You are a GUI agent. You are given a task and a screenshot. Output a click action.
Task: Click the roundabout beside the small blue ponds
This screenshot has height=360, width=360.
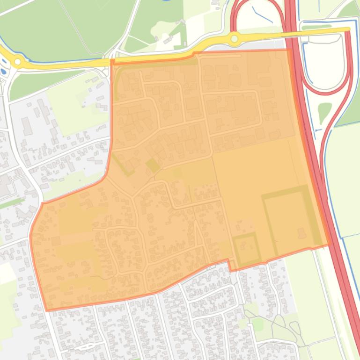click(18, 61)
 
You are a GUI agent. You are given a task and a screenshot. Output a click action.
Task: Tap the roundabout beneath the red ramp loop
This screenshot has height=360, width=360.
click(234, 38)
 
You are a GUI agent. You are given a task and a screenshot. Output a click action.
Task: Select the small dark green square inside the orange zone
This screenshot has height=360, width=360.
click(152, 165)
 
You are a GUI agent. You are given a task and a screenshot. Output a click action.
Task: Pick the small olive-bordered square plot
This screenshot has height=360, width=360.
click(247, 249)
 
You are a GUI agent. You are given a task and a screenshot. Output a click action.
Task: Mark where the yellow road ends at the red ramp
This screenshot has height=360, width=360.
click(348, 30)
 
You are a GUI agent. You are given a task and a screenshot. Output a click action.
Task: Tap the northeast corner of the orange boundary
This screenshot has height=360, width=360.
click(289, 50)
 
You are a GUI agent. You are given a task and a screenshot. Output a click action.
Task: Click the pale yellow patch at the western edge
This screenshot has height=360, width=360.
click(6, 273)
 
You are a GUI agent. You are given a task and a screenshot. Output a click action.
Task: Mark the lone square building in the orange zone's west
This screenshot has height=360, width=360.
click(57, 241)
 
